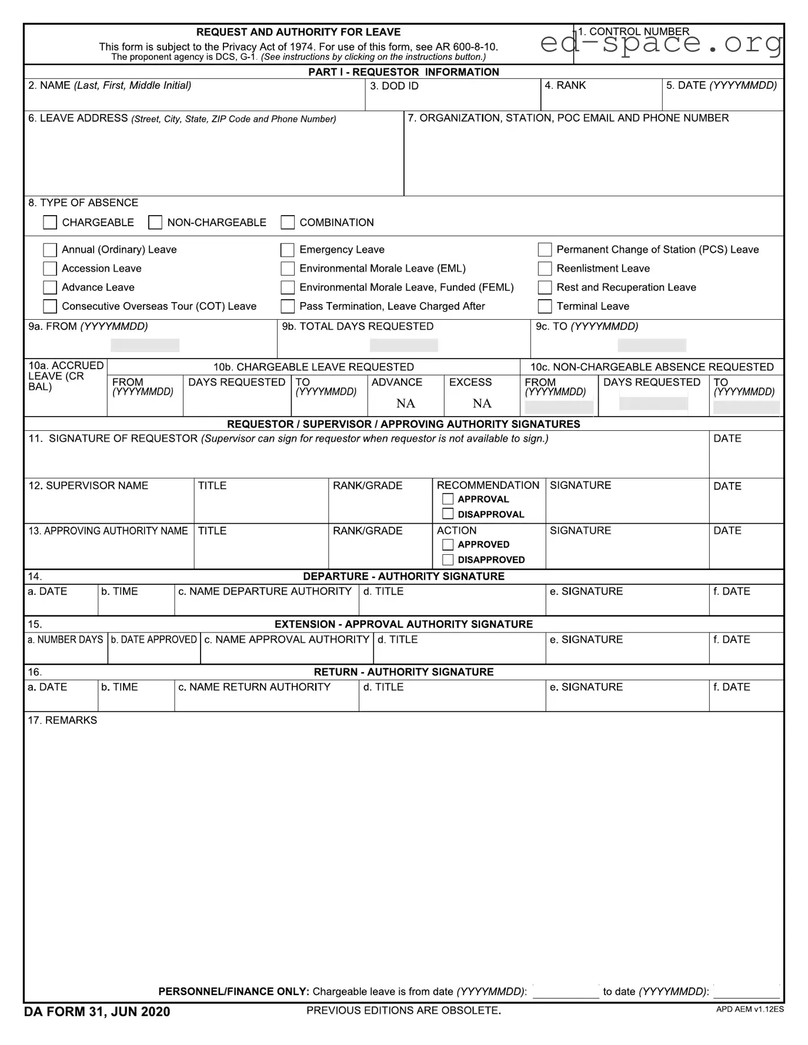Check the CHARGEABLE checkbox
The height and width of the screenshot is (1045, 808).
pyautogui.click(x=50, y=222)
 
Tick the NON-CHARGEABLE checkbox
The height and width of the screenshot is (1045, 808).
pyautogui.click(x=155, y=222)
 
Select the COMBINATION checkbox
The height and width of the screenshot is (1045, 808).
pyautogui.click(x=288, y=222)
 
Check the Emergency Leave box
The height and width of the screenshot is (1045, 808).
pyautogui.click(x=288, y=250)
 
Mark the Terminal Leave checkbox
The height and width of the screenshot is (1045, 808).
pyautogui.click(x=545, y=306)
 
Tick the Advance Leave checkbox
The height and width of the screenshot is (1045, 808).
pyautogui.click(x=50, y=287)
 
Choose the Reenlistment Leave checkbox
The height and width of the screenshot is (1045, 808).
pyautogui.click(x=545, y=269)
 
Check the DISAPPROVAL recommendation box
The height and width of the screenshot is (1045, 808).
pyautogui.click(x=448, y=514)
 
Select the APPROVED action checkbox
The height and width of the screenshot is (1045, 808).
pyautogui.click(x=448, y=545)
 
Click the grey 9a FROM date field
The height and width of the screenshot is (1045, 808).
pyautogui.click(x=145, y=345)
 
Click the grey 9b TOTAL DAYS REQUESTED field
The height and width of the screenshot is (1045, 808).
pyautogui.click(x=403, y=345)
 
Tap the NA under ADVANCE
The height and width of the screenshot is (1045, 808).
pyautogui.click(x=406, y=403)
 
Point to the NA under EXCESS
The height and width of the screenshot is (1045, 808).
pyautogui.click(x=482, y=403)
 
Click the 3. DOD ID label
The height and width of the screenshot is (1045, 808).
pyautogui.click(x=394, y=86)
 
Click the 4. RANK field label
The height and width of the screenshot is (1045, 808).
pyautogui.click(x=565, y=86)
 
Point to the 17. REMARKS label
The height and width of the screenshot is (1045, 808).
pyautogui.click(x=62, y=721)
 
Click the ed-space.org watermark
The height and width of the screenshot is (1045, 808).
pyautogui.click(x=661, y=43)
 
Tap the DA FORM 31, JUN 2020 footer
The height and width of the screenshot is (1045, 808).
pyautogui.click(x=97, y=1011)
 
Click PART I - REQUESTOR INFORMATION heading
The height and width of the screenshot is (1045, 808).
pyautogui.click(x=403, y=72)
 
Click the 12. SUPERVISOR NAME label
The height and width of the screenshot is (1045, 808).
pyautogui.click(x=88, y=486)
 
